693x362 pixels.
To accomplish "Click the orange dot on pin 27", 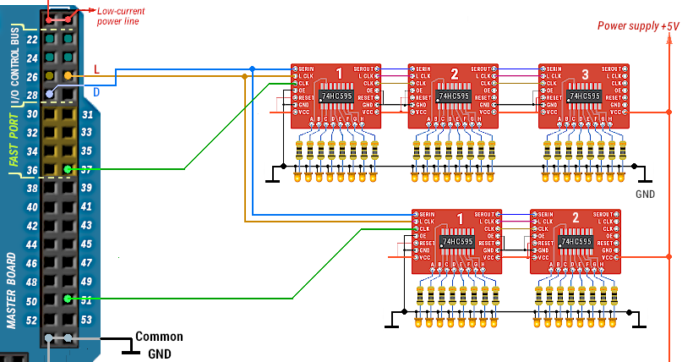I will click(68, 76).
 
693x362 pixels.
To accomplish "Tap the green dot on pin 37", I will click(68, 169).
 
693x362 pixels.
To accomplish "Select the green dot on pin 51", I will click(68, 299).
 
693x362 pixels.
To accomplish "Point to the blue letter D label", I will click(97, 90).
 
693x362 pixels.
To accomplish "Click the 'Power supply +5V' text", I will click(638, 25).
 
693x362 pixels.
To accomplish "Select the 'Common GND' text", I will click(159, 345).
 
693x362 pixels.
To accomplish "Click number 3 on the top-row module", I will click(585, 75).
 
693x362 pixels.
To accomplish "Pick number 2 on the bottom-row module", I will click(575, 218).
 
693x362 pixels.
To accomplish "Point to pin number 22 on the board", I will click(32, 40).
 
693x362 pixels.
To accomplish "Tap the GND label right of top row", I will click(646, 194).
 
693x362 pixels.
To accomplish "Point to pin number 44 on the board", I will click(32, 244).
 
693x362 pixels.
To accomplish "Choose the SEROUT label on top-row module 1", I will click(366, 68).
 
